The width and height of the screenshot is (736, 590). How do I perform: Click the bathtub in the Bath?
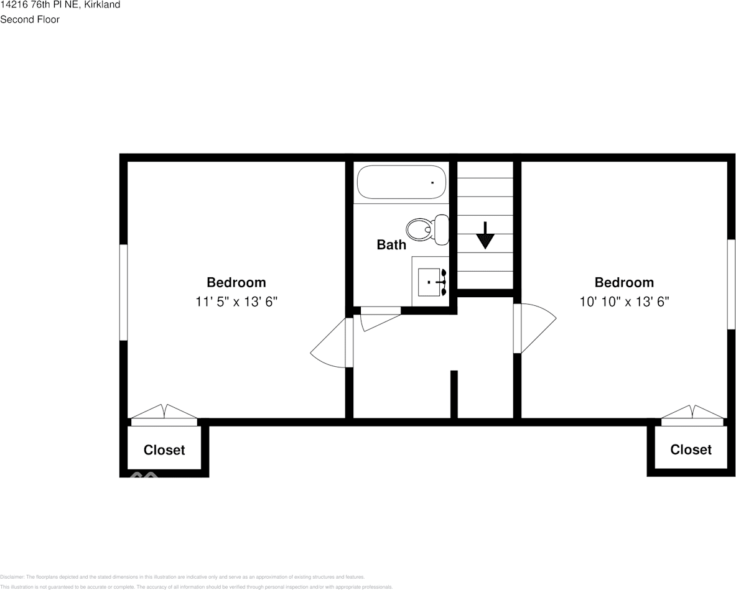tap(401, 182)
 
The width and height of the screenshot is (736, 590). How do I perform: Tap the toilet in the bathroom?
tap(429, 228)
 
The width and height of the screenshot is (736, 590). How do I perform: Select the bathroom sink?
tap(431, 283)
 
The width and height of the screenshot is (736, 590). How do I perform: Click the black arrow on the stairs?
tap(485, 235)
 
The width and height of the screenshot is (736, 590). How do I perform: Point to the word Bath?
tap(391, 245)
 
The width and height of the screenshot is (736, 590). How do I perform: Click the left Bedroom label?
tap(236, 283)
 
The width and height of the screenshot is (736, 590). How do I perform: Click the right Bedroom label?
tap(624, 283)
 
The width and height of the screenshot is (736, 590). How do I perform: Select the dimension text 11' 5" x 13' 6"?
tap(236, 302)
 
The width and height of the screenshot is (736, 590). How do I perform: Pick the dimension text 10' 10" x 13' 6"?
tap(624, 302)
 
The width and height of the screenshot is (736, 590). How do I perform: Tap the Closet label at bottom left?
tap(164, 450)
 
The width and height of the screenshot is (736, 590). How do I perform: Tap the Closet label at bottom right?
tap(691, 449)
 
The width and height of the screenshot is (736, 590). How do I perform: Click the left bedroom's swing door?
tap(330, 346)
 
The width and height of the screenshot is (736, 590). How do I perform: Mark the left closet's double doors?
tap(164, 414)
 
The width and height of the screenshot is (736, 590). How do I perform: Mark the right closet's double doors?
tap(692, 414)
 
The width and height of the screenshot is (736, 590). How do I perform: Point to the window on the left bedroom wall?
tap(123, 292)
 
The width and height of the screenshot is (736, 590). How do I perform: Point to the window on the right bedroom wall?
tap(731, 284)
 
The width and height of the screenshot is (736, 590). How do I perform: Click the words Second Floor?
tap(30, 19)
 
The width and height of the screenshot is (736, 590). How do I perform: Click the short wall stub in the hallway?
tap(454, 394)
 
